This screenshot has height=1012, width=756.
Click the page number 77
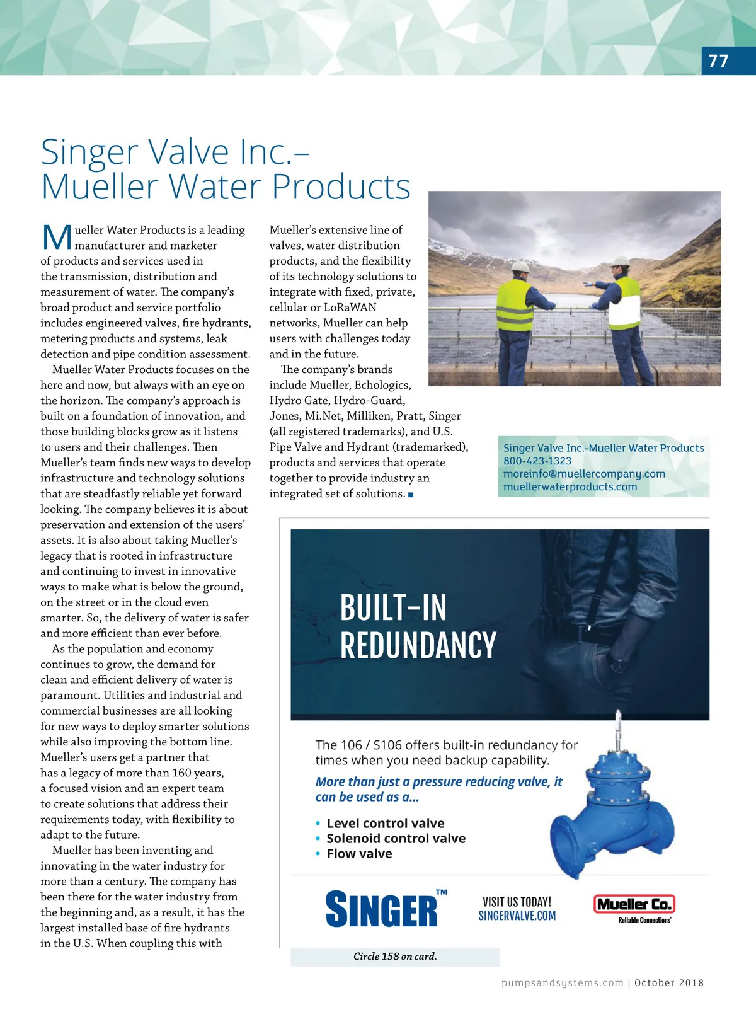[x=718, y=61]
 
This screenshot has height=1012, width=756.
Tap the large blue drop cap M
[x=57, y=238]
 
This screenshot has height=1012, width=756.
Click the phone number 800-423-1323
[x=537, y=461]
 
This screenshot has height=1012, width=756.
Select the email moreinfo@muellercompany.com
[x=584, y=474]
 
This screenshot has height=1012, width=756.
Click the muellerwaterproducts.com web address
[x=570, y=487]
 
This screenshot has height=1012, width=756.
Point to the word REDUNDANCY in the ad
[x=418, y=645]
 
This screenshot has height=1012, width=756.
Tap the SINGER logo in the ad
[x=382, y=909]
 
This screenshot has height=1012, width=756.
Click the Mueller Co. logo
[x=634, y=905]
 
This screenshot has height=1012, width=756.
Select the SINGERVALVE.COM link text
[x=517, y=916]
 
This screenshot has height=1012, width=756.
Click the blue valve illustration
[x=614, y=807]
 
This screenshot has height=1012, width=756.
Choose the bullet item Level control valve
[x=385, y=824]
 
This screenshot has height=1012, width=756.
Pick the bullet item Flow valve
[x=359, y=854]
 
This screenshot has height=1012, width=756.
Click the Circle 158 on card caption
[x=395, y=957]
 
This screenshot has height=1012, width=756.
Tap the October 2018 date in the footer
[x=669, y=983]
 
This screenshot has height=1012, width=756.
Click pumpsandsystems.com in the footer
[x=562, y=983]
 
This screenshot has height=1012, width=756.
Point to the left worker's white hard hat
[x=520, y=266]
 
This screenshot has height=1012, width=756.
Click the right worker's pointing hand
[x=588, y=284]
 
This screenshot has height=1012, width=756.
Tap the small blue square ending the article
[x=411, y=495]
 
